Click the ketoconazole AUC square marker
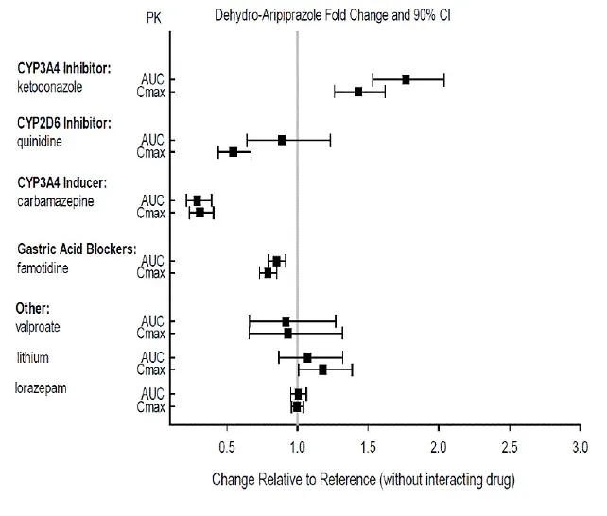pos(406,79)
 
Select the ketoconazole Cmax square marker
pos(358,92)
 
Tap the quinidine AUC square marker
pos(282,140)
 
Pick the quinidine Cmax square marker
pos(234,151)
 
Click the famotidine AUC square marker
pos(276,261)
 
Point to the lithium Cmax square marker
pos(322,370)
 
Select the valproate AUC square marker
pos(286,321)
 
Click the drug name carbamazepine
pos(56,200)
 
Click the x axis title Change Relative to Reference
pos(363,480)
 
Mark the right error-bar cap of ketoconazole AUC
pos(444,79)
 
